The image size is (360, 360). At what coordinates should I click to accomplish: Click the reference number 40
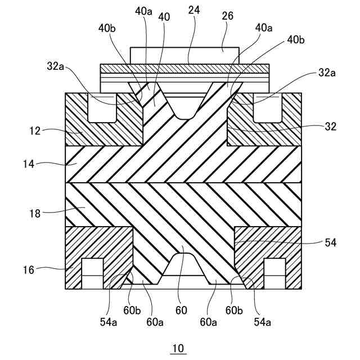pyautogui.click(x=164, y=17)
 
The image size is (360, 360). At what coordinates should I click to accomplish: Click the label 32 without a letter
pyautogui.click(x=330, y=127)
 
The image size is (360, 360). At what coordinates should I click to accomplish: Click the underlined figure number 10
pyautogui.click(x=178, y=349)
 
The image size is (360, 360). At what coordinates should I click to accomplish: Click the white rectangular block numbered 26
pyautogui.click(x=185, y=55)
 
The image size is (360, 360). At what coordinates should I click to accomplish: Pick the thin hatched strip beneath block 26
pyautogui.click(x=185, y=69)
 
